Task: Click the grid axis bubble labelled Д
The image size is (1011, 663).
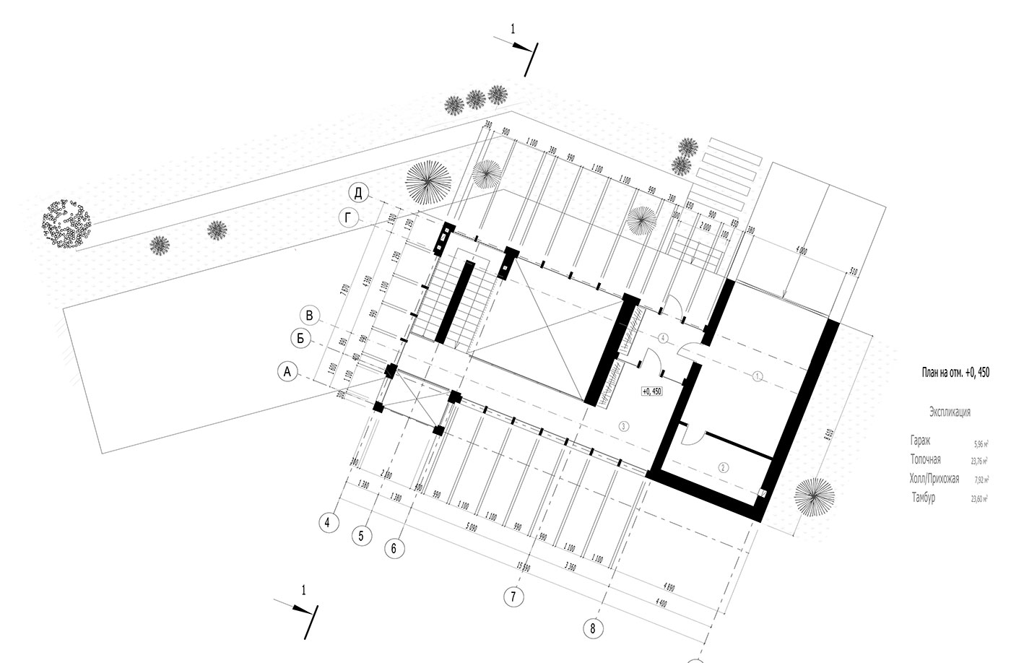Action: coord(358,193)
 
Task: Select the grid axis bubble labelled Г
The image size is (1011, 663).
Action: coord(350,219)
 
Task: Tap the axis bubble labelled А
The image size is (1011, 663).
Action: coord(288,372)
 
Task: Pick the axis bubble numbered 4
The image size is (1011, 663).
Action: coord(329,522)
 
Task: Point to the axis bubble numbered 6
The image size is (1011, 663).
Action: coord(394,548)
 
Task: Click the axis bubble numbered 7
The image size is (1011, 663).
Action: coord(513,597)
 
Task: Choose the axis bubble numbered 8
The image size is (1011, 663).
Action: coord(592,628)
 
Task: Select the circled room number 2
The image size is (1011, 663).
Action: coord(723,467)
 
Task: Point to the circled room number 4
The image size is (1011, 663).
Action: coord(664,337)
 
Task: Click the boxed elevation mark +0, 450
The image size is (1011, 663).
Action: coord(651,391)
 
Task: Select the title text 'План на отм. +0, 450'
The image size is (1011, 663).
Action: coord(955,373)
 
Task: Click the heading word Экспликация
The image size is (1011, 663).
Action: coord(950,412)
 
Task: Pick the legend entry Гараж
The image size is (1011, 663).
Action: coord(921,440)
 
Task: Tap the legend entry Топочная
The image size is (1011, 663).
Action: coord(926,459)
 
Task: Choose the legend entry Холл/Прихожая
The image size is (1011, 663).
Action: coord(934,478)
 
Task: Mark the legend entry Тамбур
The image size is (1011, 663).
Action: coord(923,498)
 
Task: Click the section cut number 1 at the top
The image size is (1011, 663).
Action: coord(513,30)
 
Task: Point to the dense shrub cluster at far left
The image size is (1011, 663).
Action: coord(66,222)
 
